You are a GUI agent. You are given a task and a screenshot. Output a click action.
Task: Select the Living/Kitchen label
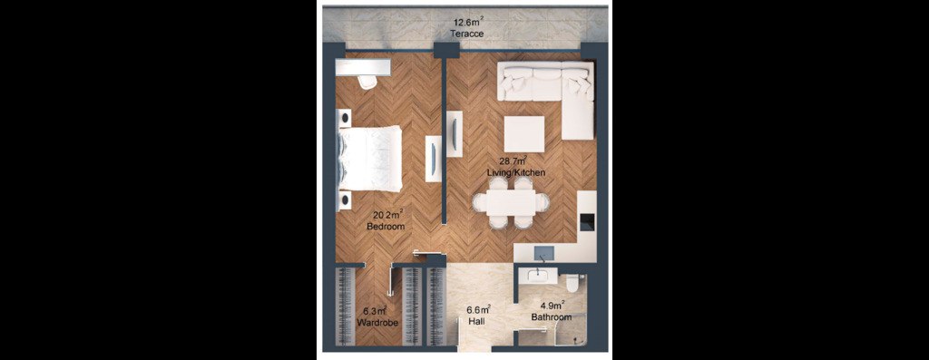click(x=515, y=172)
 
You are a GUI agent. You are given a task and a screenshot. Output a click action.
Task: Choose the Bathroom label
click(x=551, y=317)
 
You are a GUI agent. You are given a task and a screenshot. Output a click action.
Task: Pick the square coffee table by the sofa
click(x=524, y=134)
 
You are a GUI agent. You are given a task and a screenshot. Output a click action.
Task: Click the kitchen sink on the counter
click(x=543, y=253)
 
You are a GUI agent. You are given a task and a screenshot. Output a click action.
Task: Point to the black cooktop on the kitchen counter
click(x=587, y=223)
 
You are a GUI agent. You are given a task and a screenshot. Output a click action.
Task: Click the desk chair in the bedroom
click(x=367, y=82)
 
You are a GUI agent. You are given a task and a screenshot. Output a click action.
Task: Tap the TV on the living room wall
click(x=454, y=134)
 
